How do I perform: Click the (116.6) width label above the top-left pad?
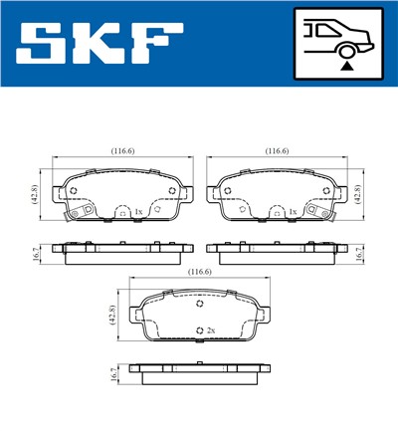tap(122, 151)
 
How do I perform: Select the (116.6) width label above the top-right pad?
tap(276, 151)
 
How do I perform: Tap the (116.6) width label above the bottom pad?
tap(200, 271)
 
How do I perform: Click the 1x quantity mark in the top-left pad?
tap(138, 212)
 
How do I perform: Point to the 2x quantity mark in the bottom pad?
tap(209, 330)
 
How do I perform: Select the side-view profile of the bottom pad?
tap(200, 373)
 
